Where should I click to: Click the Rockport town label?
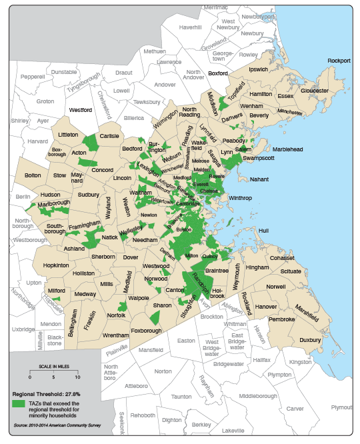coord(339,61)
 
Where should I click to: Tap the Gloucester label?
coord(315,90)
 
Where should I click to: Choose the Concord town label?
coord(102,170)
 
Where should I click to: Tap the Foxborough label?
coord(147,329)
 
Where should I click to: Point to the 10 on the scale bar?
coord(77,377)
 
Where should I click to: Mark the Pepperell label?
coord(32,77)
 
